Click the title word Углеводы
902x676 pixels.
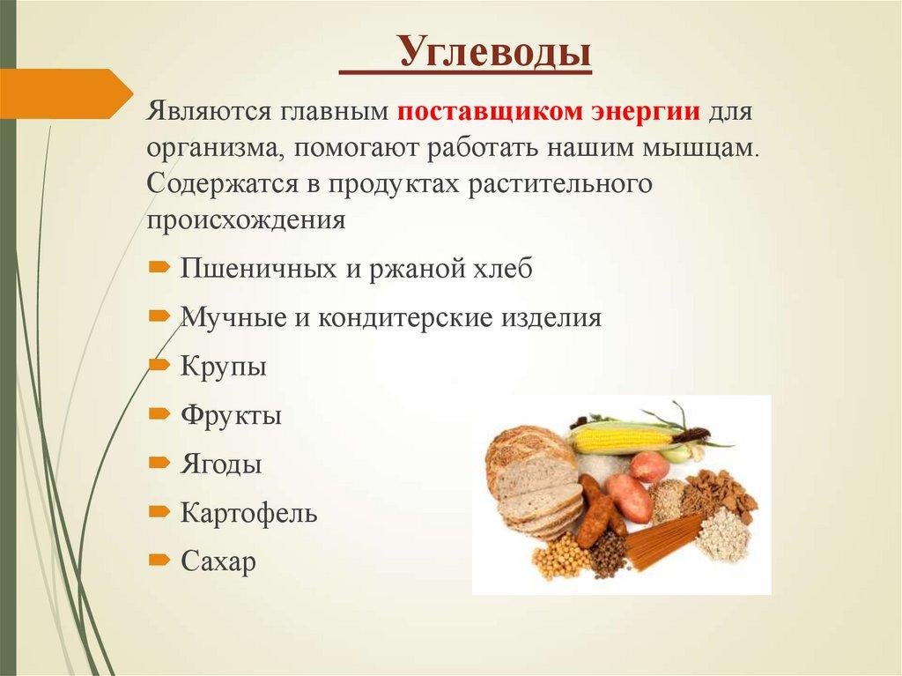(x=494, y=54)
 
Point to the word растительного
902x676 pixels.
(x=549, y=185)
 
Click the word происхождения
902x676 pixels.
(x=246, y=220)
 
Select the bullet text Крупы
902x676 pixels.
(x=224, y=366)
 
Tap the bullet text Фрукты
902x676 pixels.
(x=231, y=415)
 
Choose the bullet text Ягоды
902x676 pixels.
(x=221, y=464)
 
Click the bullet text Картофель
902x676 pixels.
(x=248, y=513)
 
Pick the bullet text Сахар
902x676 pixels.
(x=218, y=561)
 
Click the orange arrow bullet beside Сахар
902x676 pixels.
(x=159, y=559)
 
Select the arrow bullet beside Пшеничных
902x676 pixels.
(x=159, y=266)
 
